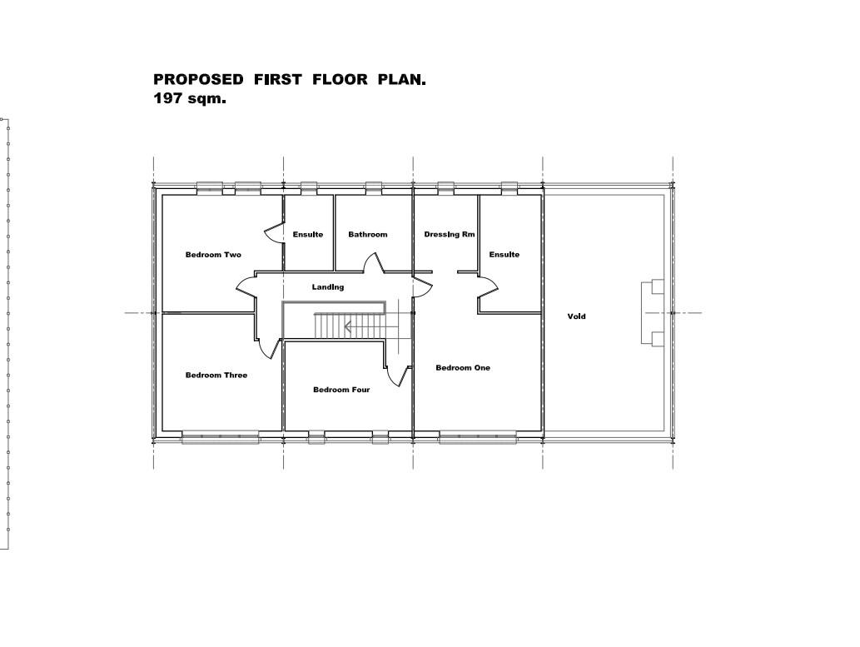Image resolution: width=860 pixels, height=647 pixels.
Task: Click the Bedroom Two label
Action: click(x=213, y=255)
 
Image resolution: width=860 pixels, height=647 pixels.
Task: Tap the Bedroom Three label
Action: click(x=216, y=376)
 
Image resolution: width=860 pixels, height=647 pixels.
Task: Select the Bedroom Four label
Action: click(x=341, y=390)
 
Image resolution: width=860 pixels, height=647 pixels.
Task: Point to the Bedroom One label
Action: click(x=463, y=368)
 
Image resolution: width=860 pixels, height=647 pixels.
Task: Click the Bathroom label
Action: click(x=368, y=235)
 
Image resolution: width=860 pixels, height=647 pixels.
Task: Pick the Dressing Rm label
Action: click(x=450, y=235)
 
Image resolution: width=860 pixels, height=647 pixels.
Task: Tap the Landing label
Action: click(x=328, y=287)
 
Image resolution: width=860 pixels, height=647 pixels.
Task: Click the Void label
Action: click(x=576, y=316)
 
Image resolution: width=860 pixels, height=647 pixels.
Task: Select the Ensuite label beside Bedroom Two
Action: click(x=308, y=235)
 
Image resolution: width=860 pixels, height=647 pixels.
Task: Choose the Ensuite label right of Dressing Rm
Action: click(x=505, y=255)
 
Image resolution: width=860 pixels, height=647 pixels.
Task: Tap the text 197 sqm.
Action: click(x=190, y=98)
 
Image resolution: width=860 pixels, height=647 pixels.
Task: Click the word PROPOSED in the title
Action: click(x=199, y=80)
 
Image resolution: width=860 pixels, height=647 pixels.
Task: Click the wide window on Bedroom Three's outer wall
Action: click(x=221, y=435)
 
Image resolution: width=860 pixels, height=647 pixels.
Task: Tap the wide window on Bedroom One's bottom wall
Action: click(x=478, y=435)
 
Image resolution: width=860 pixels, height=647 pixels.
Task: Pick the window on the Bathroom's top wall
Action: click(x=373, y=187)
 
